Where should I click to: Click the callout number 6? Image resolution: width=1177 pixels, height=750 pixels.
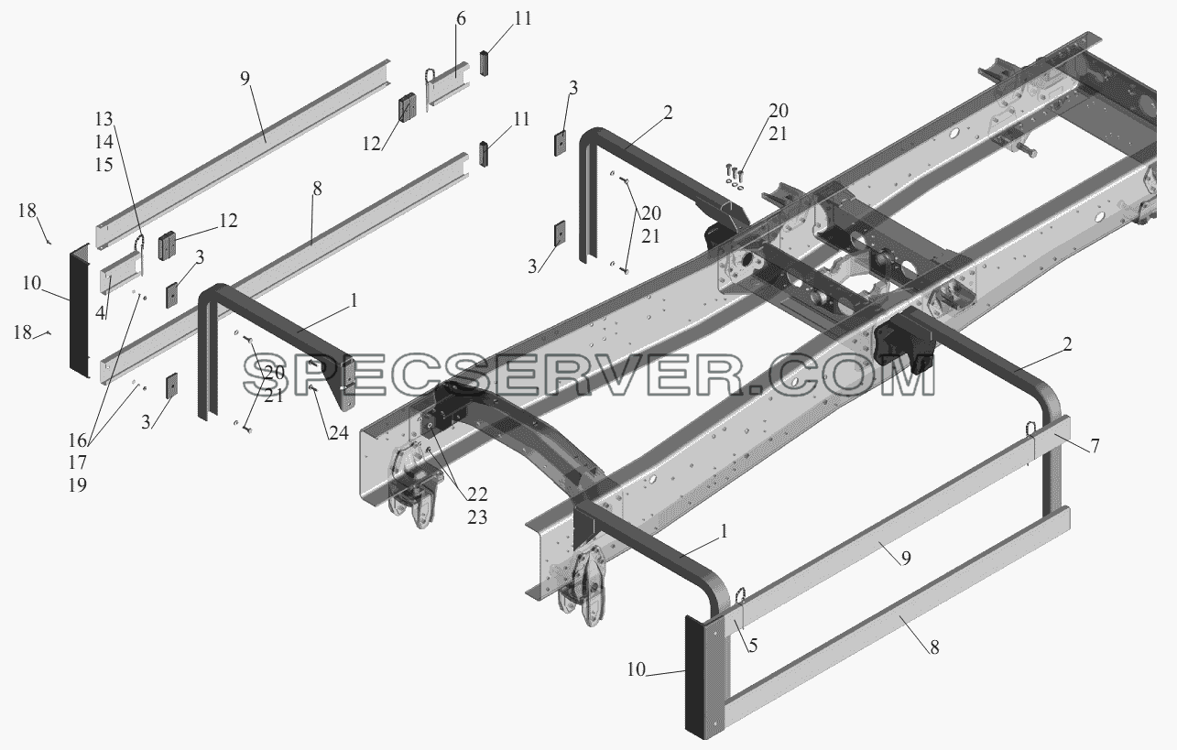coord(461,19)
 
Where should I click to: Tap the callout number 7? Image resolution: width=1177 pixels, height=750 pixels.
coord(1095,446)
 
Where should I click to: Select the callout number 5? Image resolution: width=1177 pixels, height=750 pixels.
coord(753,646)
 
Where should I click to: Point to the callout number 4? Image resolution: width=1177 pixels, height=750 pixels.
coord(101,312)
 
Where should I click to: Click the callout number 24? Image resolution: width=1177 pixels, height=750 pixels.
coord(339,433)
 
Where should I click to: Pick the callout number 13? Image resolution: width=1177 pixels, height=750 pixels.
coord(104,119)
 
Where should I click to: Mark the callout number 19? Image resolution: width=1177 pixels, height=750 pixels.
coord(78,484)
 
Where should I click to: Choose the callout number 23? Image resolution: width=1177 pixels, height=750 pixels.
coord(477,517)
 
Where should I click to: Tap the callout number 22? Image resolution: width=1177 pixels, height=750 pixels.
coord(477,495)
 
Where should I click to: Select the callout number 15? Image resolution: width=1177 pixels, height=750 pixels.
coord(104,165)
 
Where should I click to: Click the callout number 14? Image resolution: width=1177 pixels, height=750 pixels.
coord(104,142)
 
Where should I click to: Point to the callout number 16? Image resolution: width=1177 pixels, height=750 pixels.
coord(78,439)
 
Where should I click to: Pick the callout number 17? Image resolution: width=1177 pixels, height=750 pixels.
coord(78,462)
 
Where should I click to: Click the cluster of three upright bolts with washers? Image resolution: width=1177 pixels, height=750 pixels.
coord(735,176)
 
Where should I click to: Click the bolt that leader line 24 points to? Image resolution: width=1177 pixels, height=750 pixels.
coord(312,388)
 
